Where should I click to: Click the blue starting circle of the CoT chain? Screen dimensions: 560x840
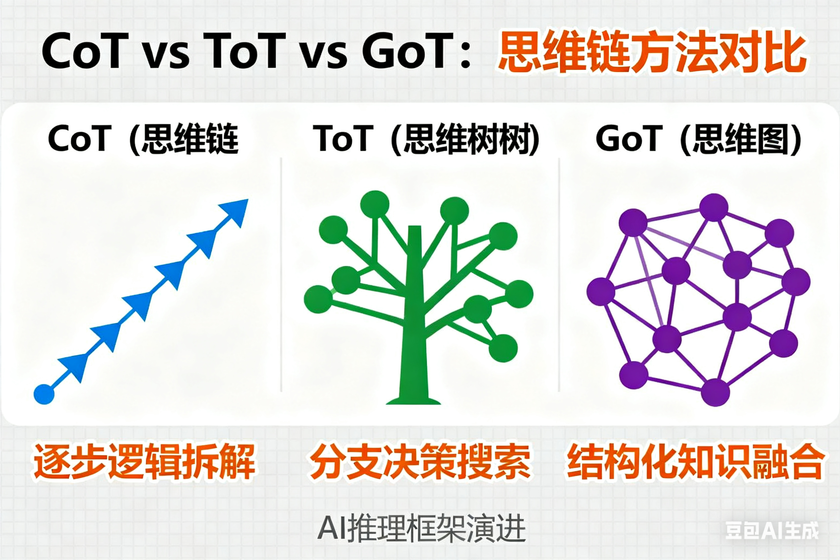pyautogui.click(x=44, y=394)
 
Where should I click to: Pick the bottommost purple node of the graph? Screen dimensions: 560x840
pyautogui.click(x=715, y=393)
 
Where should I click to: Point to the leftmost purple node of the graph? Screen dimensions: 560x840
pyautogui.click(x=601, y=292)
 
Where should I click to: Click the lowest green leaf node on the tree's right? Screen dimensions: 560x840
pyautogui.click(x=503, y=348)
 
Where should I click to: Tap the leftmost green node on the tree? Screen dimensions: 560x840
pyautogui.click(x=318, y=299)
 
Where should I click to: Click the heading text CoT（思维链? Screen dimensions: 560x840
pyautogui.click(x=143, y=139)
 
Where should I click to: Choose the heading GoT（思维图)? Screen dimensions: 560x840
pyautogui.click(x=699, y=139)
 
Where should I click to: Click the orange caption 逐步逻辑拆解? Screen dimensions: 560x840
pyautogui.click(x=145, y=462)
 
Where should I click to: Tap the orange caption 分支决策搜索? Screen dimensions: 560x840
pyautogui.click(x=420, y=462)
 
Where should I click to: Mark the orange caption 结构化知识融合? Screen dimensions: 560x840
pyautogui.click(x=695, y=462)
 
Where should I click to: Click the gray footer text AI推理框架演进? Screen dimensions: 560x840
pyautogui.click(x=421, y=528)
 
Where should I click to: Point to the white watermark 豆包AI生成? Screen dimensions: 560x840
pyautogui.click(x=772, y=530)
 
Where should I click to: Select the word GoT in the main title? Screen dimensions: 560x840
pyautogui.click(x=407, y=51)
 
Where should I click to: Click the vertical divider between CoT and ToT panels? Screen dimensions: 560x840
pyautogui.click(x=281, y=275)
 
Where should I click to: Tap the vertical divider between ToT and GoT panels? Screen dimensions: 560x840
pyautogui.click(x=559, y=275)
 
